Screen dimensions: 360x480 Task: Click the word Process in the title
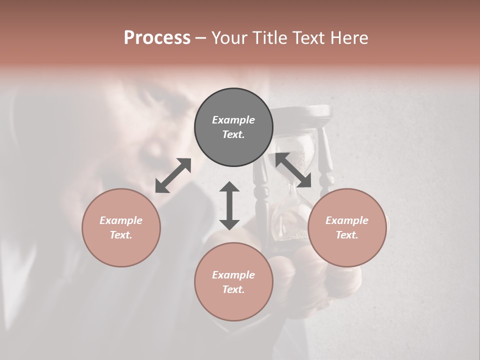[x=157, y=38]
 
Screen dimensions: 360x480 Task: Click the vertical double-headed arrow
[x=229, y=205]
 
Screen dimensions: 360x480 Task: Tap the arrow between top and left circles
[x=173, y=175]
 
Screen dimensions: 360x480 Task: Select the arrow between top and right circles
[x=293, y=170]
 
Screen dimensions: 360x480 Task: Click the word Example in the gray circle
[x=233, y=120]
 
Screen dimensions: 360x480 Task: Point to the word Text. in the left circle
[x=121, y=235]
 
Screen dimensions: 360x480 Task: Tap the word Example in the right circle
[x=347, y=220]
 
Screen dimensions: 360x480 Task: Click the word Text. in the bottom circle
[x=233, y=289]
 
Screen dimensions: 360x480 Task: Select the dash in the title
[x=200, y=38]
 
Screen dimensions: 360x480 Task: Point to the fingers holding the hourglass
[x=300, y=270]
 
